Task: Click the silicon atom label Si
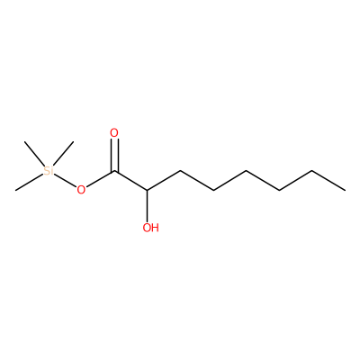(49, 171)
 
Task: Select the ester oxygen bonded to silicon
(81, 190)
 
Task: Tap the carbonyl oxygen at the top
(114, 132)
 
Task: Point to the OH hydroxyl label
(150, 228)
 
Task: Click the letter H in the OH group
(155, 228)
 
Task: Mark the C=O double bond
(114, 156)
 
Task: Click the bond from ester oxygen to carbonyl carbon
(100, 179)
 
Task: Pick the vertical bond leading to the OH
(148, 205)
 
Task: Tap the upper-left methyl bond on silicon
(34, 154)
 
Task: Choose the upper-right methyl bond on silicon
(63, 154)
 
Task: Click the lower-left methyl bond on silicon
(30, 182)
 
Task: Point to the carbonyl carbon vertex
(114, 171)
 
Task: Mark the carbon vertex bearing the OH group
(148, 190)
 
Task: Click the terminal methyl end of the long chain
(345, 190)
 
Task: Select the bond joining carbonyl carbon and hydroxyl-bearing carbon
(130, 181)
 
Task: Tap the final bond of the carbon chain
(328, 181)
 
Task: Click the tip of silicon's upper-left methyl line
(24, 141)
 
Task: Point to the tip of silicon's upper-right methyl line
(73, 141)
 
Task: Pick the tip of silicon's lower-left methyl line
(15, 190)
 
